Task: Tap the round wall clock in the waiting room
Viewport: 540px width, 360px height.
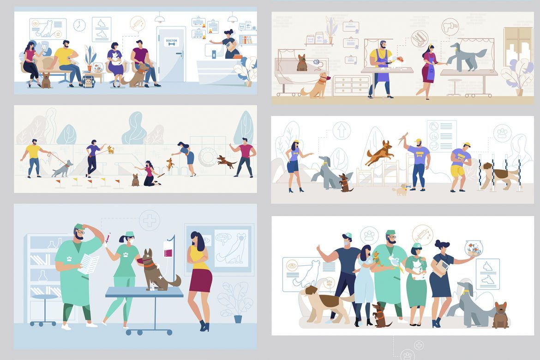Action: pos(79,25)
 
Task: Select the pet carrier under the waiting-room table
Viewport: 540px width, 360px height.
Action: pos(88,81)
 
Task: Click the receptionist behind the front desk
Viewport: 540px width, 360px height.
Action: pos(229,45)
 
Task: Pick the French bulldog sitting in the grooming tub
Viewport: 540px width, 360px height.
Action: pos(302,63)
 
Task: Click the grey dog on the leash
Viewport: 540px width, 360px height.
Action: pos(63,169)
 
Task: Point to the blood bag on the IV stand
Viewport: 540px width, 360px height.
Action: pos(168,253)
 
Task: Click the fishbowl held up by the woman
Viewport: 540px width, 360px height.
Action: pos(473,248)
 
